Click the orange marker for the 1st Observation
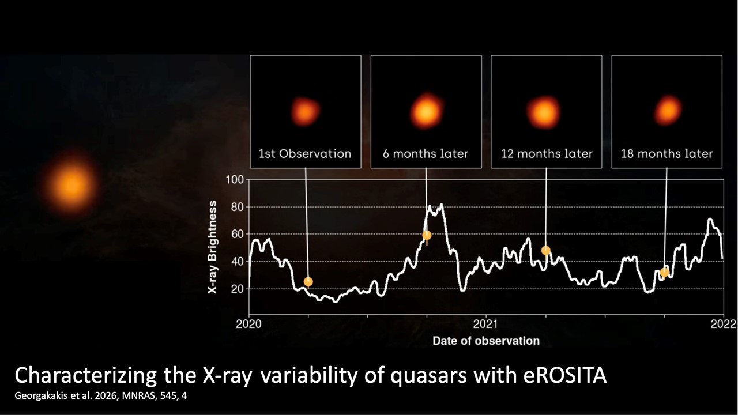click(308, 281)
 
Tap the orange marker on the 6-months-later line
click(427, 235)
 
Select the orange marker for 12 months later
click(545, 250)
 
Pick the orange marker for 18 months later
click(664, 272)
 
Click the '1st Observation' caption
click(305, 154)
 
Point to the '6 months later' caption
click(426, 154)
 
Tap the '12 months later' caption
click(546, 154)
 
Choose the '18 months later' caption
click(667, 154)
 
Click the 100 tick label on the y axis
click(235, 180)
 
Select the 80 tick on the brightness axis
click(237, 207)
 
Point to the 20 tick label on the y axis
click(237, 289)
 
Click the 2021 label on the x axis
click(486, 324)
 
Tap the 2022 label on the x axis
click(723, 324)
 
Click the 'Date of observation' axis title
click(486, 341)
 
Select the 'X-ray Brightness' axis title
click(213, 248)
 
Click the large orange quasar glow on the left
click(72, 185)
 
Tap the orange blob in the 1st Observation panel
click(305, 111)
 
